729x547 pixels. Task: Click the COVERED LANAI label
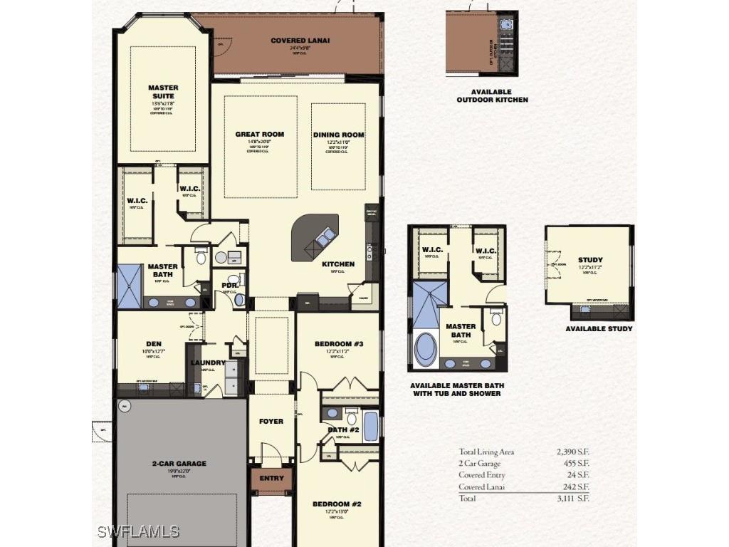click(300, 41)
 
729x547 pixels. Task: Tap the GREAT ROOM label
click(260, 134)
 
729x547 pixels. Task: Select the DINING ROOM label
click(338, 135)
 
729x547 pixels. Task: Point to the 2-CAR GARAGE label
click(179, 464)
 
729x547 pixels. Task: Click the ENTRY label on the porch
click(271, 478)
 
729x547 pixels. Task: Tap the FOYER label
click(271, 421)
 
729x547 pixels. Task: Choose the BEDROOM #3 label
click(339, 344)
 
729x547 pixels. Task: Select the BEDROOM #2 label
click(337, 504)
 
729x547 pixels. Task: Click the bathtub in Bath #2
click(371, 426)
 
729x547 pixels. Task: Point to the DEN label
click(154, 343)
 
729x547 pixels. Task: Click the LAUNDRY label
click(208, 363)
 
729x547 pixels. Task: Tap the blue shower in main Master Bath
click(130, 286)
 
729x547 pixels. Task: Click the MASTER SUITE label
click(163, 92)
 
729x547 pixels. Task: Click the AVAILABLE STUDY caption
click(599, 329)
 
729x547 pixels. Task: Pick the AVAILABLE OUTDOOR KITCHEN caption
click(492, 96)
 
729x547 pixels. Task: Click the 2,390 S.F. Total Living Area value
click(573, 452)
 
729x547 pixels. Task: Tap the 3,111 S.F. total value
click(573, 499)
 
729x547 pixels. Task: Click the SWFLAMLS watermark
click(138, 532)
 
